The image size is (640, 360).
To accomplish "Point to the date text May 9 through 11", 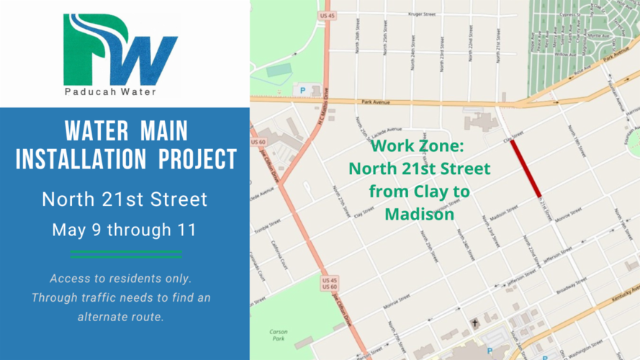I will (x=124, y=230).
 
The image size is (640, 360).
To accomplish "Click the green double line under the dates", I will (x=126, y=253).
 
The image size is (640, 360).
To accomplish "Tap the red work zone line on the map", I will (x=526, y=167).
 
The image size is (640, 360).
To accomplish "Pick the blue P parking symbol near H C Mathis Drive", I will (x=302, y=91).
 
